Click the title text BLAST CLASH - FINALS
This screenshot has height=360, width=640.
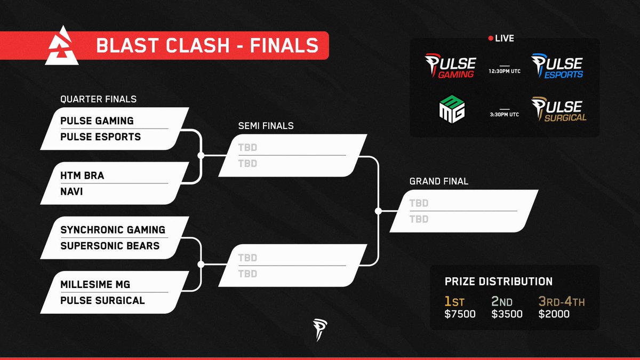click(207, 46)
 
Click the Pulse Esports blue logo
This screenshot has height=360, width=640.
click(557, 66)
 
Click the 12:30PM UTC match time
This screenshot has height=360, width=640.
click(504, 71)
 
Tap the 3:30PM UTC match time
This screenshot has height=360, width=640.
click(504, 114)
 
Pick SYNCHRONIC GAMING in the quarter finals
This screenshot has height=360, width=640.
click(113, 230)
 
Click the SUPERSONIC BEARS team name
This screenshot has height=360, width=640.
click(110, 246)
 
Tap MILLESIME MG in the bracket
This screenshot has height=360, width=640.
click(95, 284)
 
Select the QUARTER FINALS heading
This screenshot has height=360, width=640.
click(98, 99)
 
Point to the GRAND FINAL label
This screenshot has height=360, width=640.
click(438, 181)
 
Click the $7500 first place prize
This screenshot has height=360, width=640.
click(460, 314)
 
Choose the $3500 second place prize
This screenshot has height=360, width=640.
click(507, 314)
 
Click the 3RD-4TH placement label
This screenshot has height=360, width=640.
click(561, 302)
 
